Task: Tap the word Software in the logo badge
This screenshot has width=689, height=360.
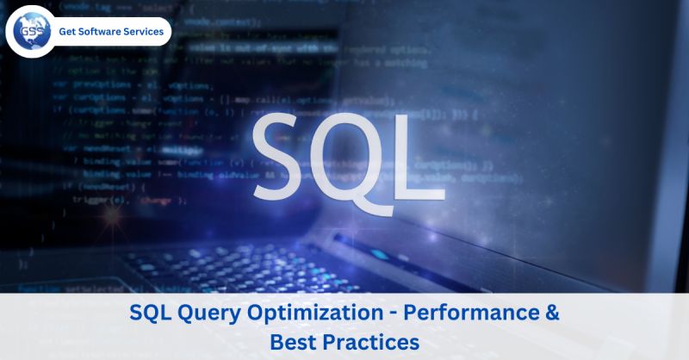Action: coord(106,32)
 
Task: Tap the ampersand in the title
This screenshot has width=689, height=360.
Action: coord(552,313)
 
